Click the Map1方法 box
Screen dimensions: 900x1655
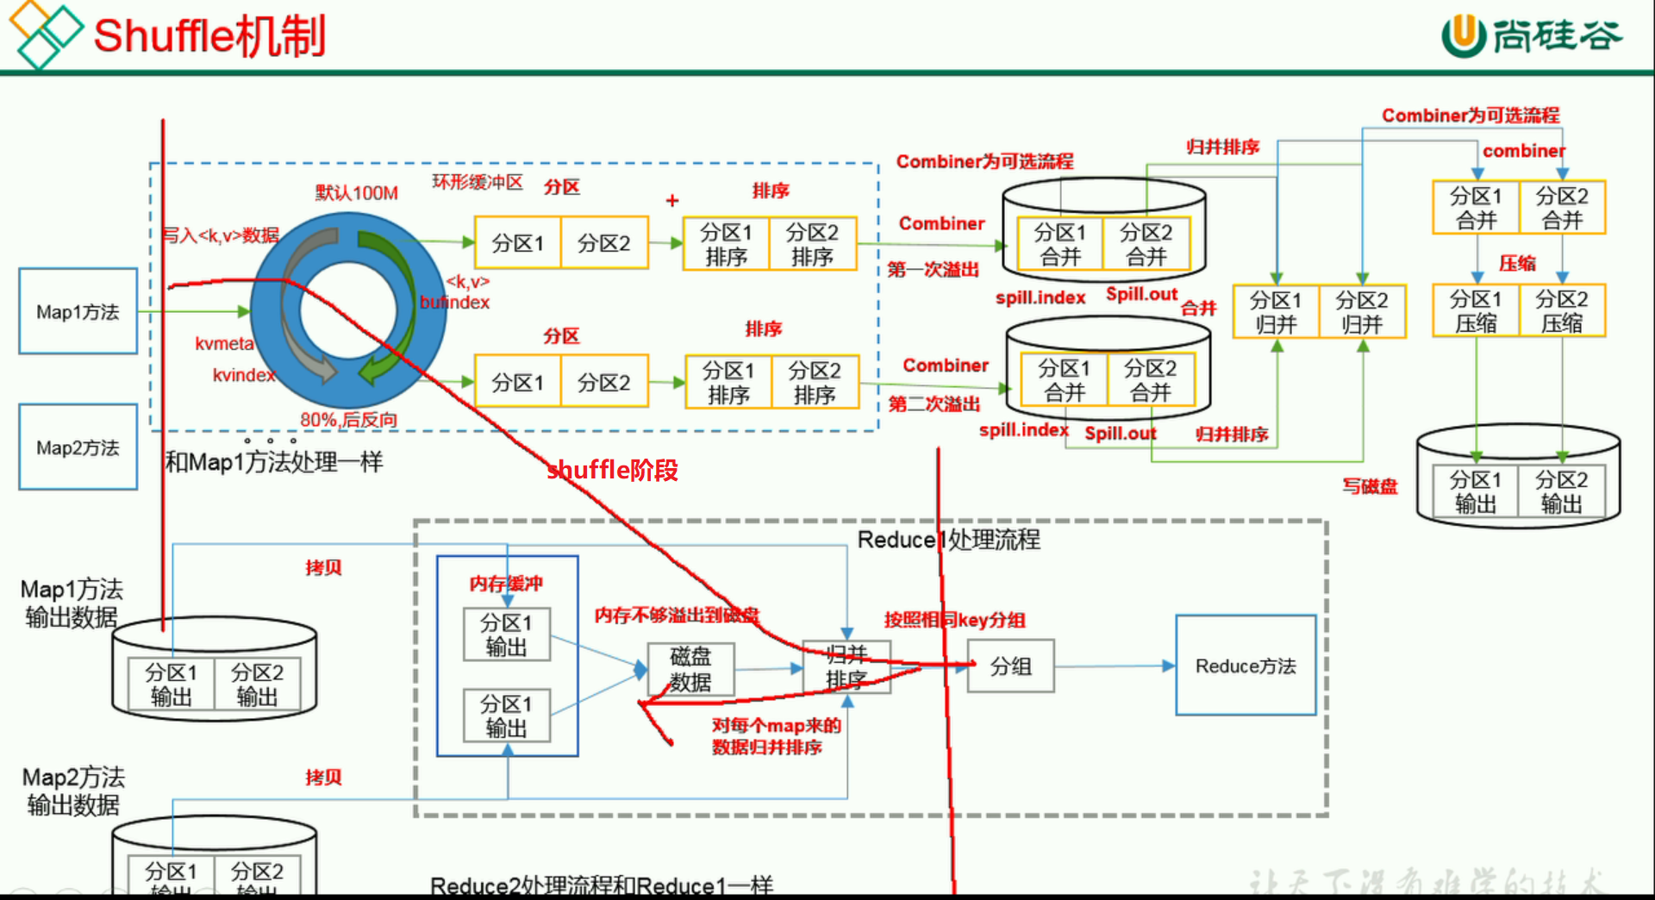pyautogui.click(x=78, y=311)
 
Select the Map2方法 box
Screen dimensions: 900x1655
pyautogui.click(x=78, y=447)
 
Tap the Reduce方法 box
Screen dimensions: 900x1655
pyautogui.click(x=1246, y=666)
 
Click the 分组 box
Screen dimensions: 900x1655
pyautogui.click(x=1010, y=666)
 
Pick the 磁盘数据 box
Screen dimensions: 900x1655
pyautogui.click(x=690, y=669)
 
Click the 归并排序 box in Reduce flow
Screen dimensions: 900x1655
pyautogui.click(x=846, y=666)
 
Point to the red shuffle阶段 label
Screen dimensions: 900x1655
pyautogui.click(x=612, y=470)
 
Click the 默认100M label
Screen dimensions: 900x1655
pyautogui.click(x=356, y=192)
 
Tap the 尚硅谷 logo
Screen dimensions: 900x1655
pyautogui.click(x=1532, y=36)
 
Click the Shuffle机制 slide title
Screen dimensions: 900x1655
pyautogui.click(x=209, y=36)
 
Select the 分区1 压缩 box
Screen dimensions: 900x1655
pyautogui.click(x=1475, y=311)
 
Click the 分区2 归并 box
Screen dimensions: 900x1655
pyautogui.click(x=1362, y=312)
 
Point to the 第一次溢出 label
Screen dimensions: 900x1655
pyautogui.click(x=934, y=270)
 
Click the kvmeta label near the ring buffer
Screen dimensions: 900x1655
pyautogui.click(x=224, y=343)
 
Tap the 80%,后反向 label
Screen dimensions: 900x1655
pyautogui.click(x=348, y=420)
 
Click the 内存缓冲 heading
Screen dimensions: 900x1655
pyautogui.click(x=506, y=584)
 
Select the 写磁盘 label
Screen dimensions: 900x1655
pyautogui.click(x=1369, y=486)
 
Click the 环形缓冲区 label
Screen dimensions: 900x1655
pyautogui.click(x=478, y=182)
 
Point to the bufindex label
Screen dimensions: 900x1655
pyautogui.click(x=454, y=303)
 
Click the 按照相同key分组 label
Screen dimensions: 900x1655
pyautogui.click(x=954, y=620)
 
